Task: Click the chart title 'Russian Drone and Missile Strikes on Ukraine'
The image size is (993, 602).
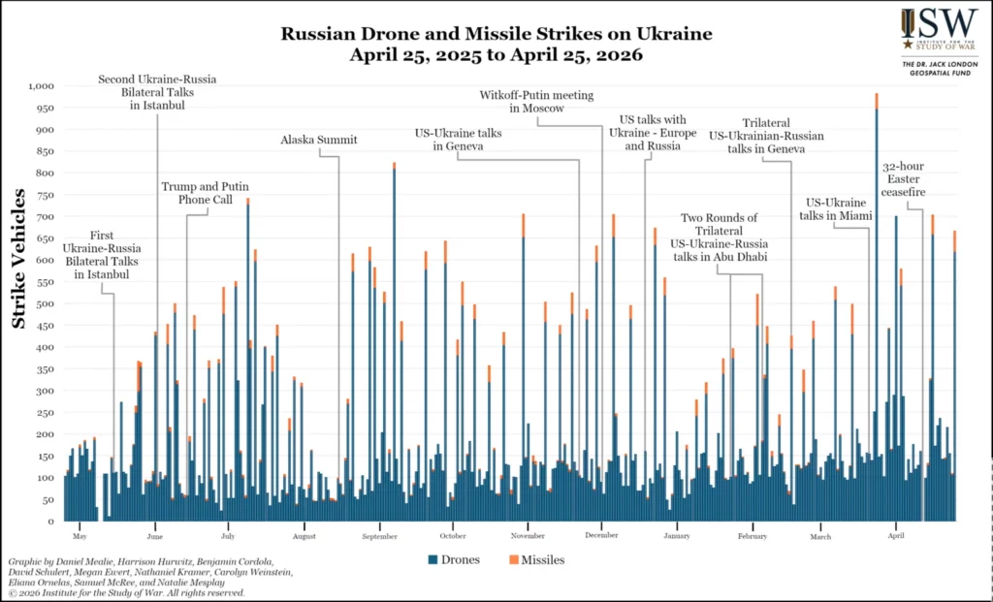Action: point(496,34)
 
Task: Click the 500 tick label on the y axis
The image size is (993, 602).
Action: point(45,303)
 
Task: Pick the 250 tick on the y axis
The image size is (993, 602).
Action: point(45,412)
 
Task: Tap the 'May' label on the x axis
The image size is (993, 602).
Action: point(80,535)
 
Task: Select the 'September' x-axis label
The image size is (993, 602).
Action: point(379,535)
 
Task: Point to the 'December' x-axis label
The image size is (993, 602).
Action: point(602,535)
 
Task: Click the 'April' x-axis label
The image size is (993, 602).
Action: point(896,535)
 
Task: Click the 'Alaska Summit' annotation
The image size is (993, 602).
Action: point(318,140)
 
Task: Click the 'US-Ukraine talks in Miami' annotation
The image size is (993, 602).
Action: point(837,208)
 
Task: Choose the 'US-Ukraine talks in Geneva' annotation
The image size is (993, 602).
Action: point(459,139)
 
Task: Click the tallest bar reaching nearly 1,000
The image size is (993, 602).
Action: point(876,291)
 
